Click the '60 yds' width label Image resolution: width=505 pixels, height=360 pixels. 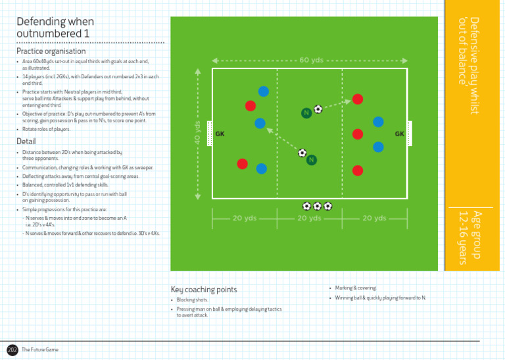[310, 60]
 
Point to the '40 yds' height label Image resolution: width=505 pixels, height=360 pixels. [197, 134]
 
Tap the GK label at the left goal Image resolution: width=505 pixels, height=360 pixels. [220, 134]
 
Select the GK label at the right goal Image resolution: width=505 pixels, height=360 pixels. [399, 134]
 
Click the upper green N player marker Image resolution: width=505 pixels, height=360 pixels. [306, 113]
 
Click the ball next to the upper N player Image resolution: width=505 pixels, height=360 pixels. [318, 109]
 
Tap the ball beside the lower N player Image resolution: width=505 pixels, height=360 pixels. [302, 153]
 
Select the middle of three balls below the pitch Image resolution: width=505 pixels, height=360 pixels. [317, 206]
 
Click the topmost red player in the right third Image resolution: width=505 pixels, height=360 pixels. [357, 99]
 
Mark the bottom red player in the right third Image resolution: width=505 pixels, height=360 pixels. [357, 170]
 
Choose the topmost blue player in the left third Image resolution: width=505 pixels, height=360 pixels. [263, 91]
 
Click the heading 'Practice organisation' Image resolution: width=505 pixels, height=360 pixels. [51, 51]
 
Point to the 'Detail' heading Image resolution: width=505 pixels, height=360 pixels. [26, 141]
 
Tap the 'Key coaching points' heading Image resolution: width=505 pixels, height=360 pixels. [204, 290]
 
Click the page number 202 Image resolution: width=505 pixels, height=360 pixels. [12, 349]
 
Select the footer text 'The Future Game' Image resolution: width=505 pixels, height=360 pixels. [40, 349]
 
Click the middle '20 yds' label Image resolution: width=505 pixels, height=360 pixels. [310, 218]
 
